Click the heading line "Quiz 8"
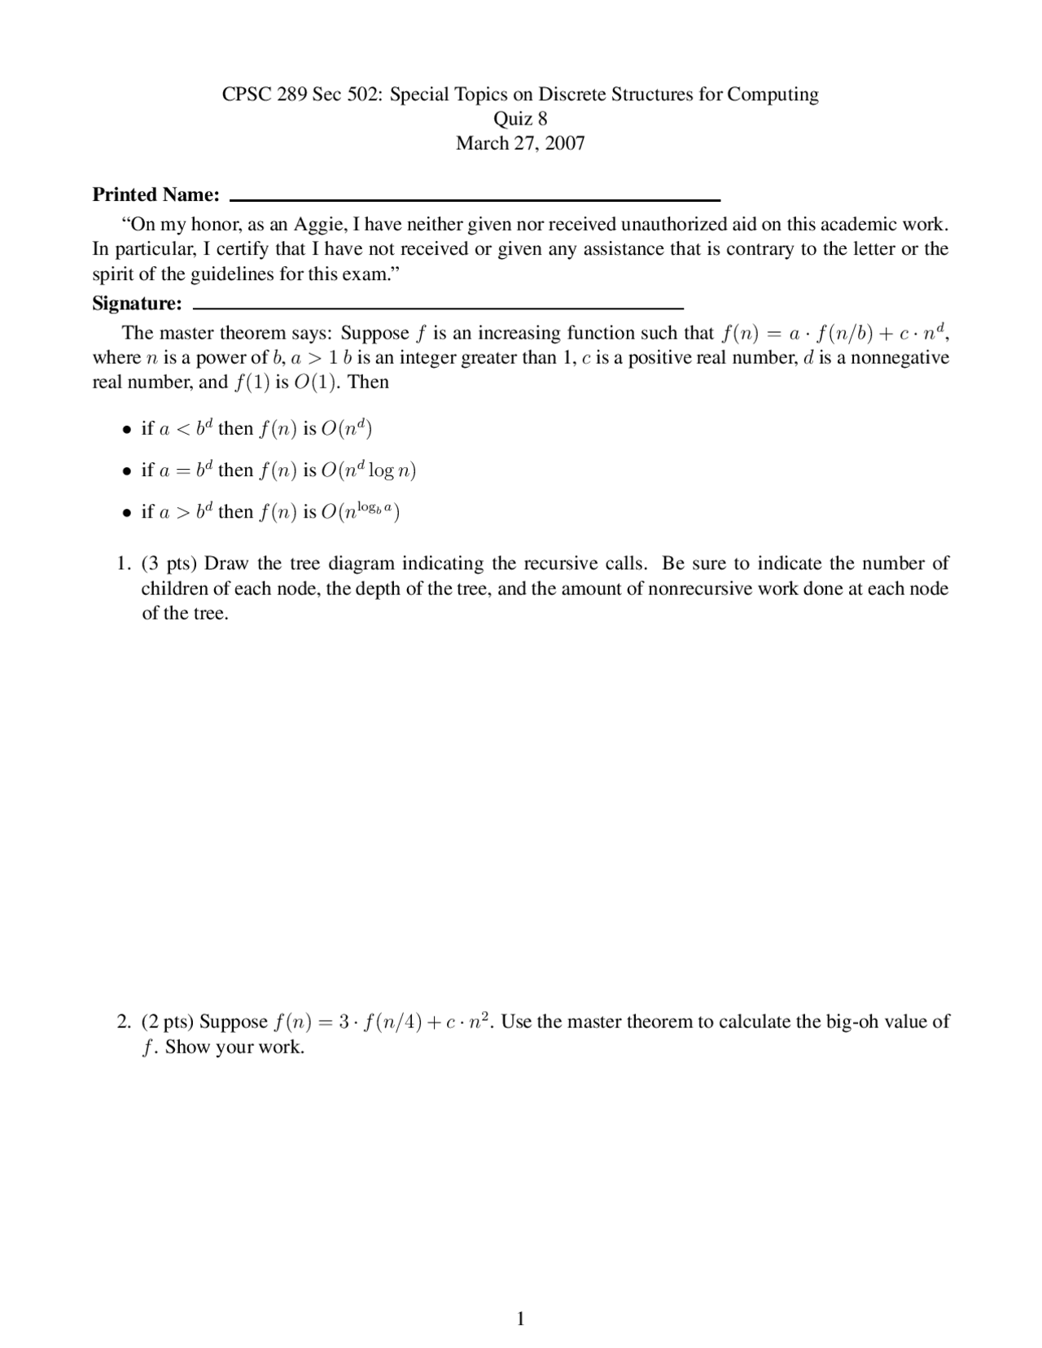pos(520,119)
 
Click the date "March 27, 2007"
pos(520,143)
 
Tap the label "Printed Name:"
pos(155,195)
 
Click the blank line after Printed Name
pos(475,199)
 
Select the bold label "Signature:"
pos(137,304)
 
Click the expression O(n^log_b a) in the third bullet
pos(360,511)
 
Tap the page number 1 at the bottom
pos(521,1319)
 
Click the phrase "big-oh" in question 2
pos(852,1022)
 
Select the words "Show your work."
pos(234,1047)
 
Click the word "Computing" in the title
pos(773,94)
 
